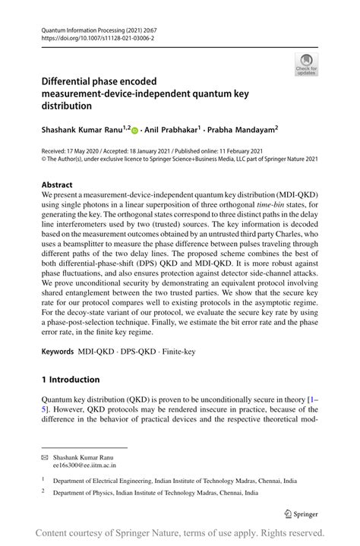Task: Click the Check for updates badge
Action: (306, 65)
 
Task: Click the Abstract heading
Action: (58, 185)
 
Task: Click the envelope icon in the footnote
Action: (46, 459)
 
